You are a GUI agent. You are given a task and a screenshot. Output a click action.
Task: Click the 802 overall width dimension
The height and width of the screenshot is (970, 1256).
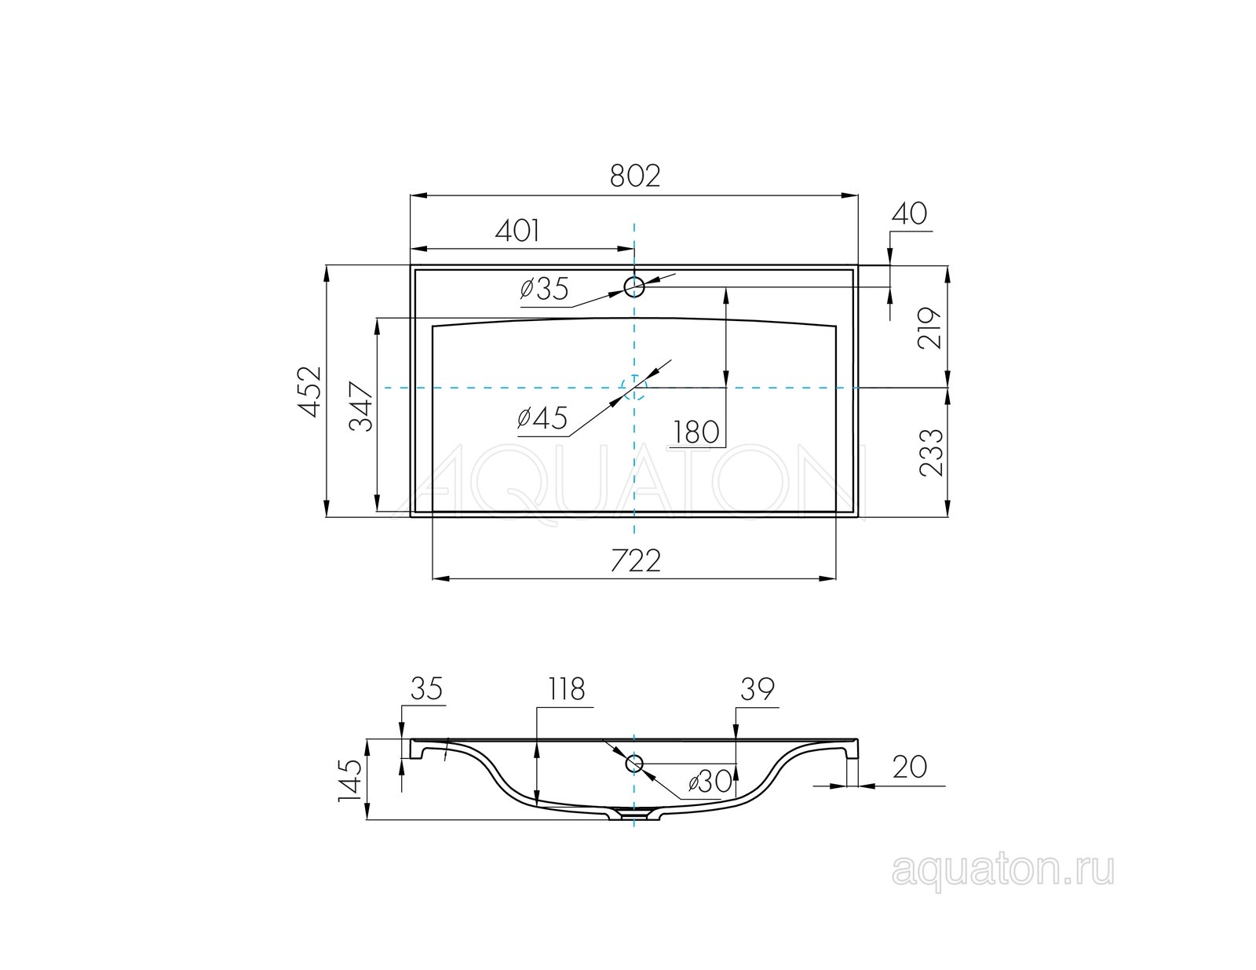(x=634, y=177)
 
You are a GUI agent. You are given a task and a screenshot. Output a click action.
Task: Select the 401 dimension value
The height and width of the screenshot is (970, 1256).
(x=517, y=231)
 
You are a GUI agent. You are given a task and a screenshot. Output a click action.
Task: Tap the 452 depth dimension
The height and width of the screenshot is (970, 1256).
(x=309, y=392)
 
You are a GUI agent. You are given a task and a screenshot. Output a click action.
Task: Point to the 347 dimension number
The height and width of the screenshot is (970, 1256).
(x=361, y=407)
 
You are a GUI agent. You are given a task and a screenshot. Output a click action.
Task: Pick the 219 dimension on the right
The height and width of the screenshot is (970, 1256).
(x=929, y=327)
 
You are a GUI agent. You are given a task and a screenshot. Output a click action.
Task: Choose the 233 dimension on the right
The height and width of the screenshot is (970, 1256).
(x=930, y=452)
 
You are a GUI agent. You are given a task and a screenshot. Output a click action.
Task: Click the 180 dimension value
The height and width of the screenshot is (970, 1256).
(x=696, y=432)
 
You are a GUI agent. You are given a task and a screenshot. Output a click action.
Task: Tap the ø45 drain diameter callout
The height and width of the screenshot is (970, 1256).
(x=542, y=418)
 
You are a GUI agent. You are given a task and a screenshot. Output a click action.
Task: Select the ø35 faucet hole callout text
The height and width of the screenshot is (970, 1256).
(x=544, y=289)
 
